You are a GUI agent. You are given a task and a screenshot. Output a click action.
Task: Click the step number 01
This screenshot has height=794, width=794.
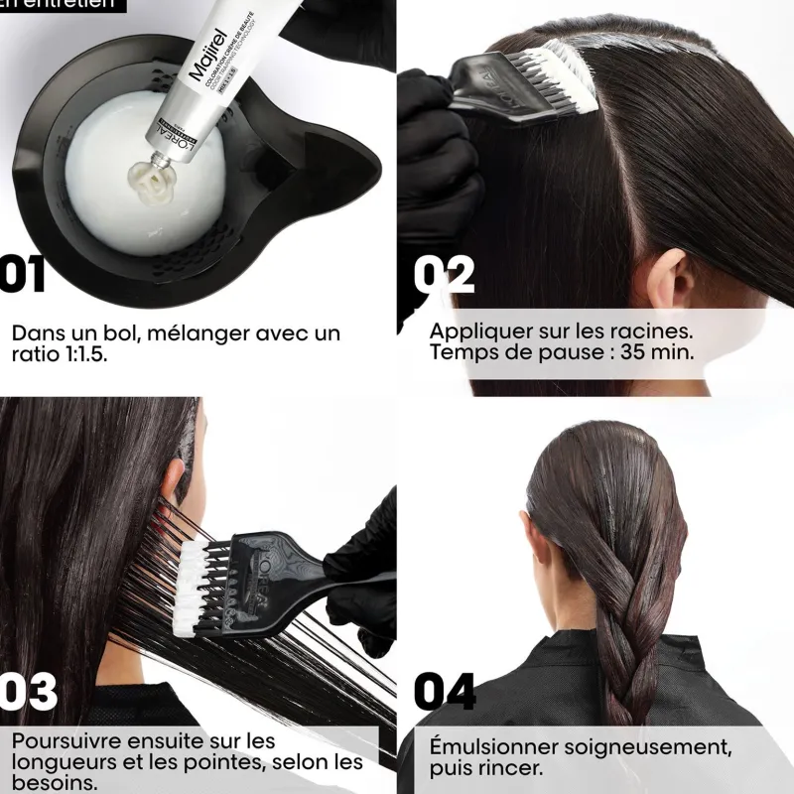pyautogui.click(x=22, y=274)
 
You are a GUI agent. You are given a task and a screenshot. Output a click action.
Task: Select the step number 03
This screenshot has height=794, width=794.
pyautogui.click(x=28, y=692)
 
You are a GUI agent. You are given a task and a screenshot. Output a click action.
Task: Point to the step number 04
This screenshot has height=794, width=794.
pyautogui.click(x=445, y=692)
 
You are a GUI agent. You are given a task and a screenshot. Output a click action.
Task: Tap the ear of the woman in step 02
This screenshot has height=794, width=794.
pyautogui.click(x=666, y=277)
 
